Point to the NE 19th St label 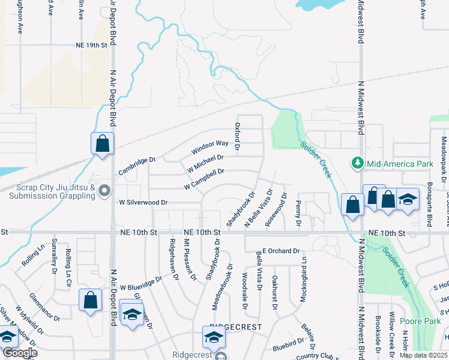pos(91,45)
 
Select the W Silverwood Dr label pos(143,203)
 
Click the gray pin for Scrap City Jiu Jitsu pos(105,191)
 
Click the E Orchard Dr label pos(280,251)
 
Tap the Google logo pos(19,353)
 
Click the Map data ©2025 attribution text pos(423,355)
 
